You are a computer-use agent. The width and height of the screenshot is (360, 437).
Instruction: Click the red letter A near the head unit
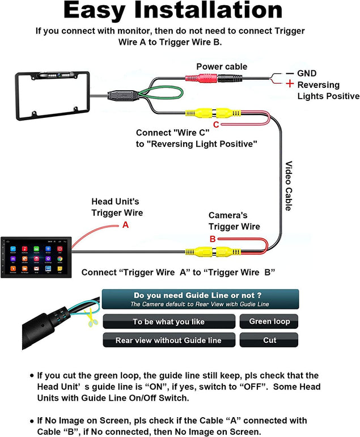[126, 225]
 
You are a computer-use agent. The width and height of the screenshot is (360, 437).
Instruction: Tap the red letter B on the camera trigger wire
[213, 239]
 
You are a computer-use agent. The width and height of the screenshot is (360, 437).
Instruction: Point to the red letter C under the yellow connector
[215, 124]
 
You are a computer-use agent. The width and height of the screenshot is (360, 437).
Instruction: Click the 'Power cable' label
[222, 67]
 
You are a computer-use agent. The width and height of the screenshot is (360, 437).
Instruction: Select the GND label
[307, 74]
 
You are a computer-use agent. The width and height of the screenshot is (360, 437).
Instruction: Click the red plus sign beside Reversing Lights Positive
[290, 84]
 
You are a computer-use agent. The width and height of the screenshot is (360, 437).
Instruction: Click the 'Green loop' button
[269, 321]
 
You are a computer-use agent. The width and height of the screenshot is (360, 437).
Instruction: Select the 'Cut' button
[269, 340]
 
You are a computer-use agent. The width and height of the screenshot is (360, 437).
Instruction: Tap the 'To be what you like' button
[168, 321]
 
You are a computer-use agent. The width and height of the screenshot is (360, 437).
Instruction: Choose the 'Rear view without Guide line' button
[168, 340]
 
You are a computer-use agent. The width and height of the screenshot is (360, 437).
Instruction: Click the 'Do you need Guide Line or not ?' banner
[200, 299]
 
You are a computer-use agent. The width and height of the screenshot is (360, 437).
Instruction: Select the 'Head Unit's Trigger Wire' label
[117, 207]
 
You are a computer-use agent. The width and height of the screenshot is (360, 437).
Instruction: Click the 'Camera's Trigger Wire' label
[234, 221]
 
